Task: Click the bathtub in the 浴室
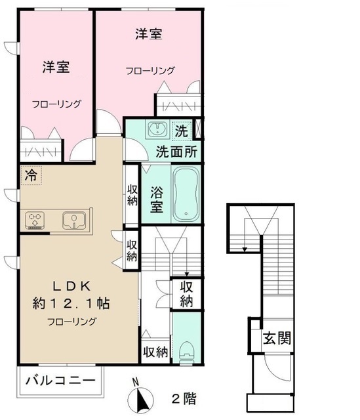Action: click(186, 194)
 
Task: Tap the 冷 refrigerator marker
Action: click(31, 175)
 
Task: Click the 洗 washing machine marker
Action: click(182, 130)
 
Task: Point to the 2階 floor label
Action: click(184, 398)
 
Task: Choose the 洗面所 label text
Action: click(177, 150)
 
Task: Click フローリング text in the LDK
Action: click(71, 322)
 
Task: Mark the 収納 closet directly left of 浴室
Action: click(132, 195)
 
